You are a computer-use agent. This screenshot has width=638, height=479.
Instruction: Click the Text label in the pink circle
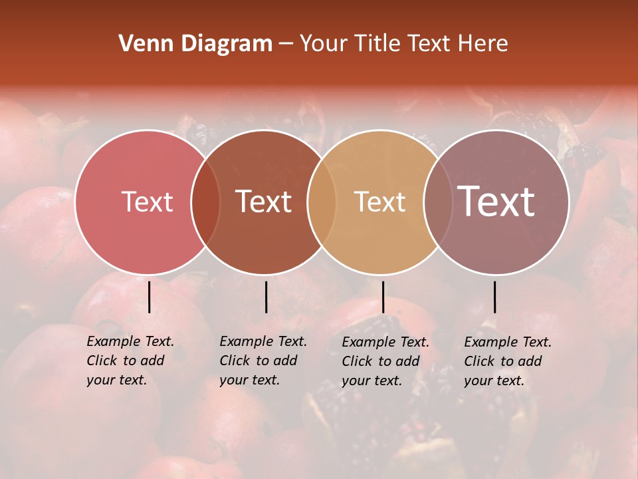(147, 202)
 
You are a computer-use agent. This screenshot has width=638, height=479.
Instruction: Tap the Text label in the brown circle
(263, 202)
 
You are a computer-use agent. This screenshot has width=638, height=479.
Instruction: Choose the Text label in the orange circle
(379, 202)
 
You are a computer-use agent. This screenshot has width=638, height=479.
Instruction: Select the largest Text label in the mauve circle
(496, 202)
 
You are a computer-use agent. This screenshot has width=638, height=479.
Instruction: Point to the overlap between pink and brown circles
(205, 202)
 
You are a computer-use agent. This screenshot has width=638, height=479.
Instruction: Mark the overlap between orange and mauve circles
(437, 202)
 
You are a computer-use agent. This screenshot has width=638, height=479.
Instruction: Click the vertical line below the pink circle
(149, 297)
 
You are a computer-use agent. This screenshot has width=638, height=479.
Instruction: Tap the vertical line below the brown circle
(266, 297)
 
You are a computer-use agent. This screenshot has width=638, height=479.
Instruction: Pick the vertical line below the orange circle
(383, 297)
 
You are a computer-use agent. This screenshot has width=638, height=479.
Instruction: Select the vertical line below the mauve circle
(494, 297)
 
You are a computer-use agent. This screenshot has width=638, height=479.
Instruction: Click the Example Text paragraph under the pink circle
(130, 361)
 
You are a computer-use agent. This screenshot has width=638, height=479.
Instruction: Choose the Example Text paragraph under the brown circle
(263, 361)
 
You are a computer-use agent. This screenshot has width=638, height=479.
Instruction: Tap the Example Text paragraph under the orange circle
(385, 361)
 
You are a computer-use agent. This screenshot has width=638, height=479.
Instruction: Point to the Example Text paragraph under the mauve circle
(507, 361)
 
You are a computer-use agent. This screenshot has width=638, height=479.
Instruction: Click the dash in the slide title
(286, 44)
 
